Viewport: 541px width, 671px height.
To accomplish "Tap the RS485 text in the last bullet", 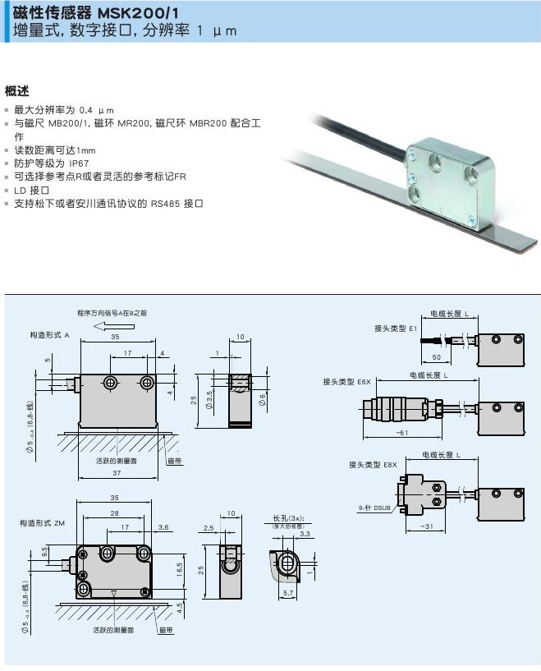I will [166, 203].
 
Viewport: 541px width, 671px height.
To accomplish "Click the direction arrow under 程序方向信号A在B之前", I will [114, 325].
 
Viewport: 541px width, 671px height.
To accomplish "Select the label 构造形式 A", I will [49, 336].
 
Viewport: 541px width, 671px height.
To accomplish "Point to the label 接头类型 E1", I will [396, 329].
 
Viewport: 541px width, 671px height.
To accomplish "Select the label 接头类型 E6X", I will [347, 381].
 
